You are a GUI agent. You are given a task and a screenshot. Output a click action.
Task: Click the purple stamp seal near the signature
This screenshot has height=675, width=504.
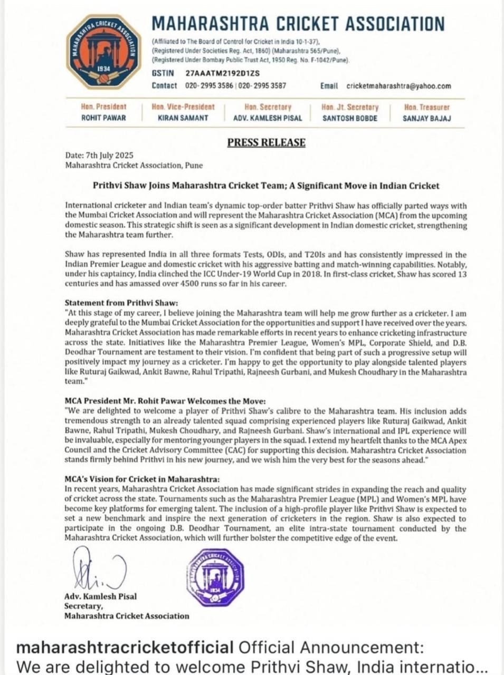(215, 576)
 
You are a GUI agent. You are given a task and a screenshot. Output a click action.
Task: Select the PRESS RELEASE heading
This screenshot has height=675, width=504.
(267, 142)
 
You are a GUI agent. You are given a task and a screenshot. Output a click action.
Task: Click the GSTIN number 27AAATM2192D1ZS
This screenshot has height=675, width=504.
(223, 74)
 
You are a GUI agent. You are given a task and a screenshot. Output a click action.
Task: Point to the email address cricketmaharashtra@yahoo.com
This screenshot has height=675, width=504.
(398, 86)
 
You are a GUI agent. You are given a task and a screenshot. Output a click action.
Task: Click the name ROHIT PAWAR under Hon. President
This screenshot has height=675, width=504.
(103, 118)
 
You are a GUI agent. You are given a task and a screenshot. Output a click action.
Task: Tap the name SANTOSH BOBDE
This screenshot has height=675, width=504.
(350, 118)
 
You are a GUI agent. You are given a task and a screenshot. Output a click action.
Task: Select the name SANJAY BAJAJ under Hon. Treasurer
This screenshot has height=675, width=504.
(426, 118)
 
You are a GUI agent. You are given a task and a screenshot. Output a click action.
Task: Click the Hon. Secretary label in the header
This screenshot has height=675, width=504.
(268, 107)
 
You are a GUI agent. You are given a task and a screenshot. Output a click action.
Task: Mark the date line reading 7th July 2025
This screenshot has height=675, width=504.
(99, 156)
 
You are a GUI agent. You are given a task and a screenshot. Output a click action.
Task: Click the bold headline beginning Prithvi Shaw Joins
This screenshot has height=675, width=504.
(266, 186)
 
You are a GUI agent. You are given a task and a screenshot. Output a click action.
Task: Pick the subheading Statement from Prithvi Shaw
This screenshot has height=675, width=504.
(121, 303)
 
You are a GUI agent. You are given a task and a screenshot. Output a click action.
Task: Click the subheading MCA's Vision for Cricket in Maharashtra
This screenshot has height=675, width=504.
(142, 479)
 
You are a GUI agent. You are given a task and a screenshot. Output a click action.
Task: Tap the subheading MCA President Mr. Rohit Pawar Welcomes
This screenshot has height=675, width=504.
(165, 401)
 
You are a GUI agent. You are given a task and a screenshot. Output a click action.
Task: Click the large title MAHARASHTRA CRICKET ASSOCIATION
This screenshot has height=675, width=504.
(298, 24)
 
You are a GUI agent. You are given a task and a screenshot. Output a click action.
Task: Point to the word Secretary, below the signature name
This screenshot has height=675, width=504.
(83, 606)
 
